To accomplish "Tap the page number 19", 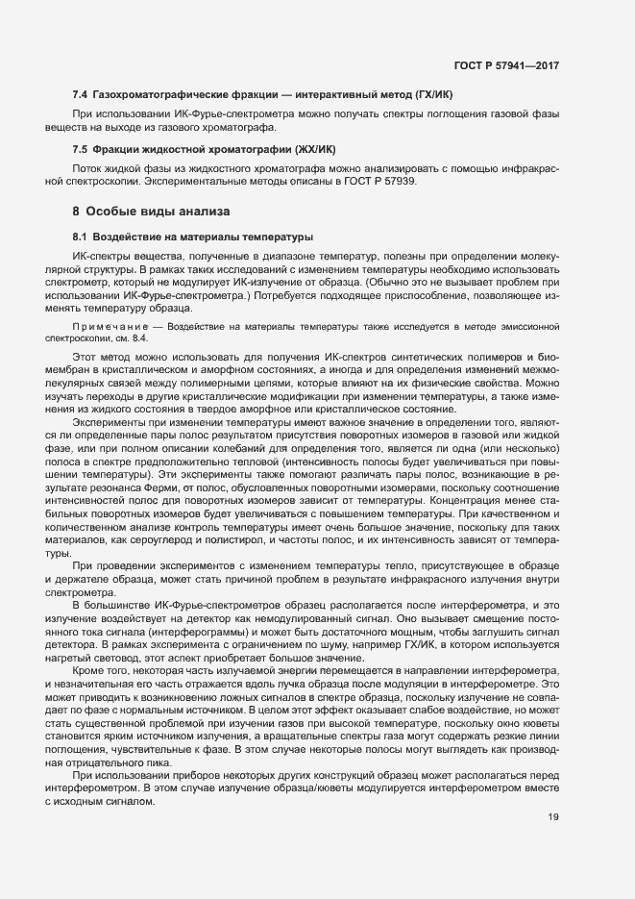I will [553, 817].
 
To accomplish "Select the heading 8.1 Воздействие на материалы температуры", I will [193, 237].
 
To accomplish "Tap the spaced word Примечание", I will [107, 328].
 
